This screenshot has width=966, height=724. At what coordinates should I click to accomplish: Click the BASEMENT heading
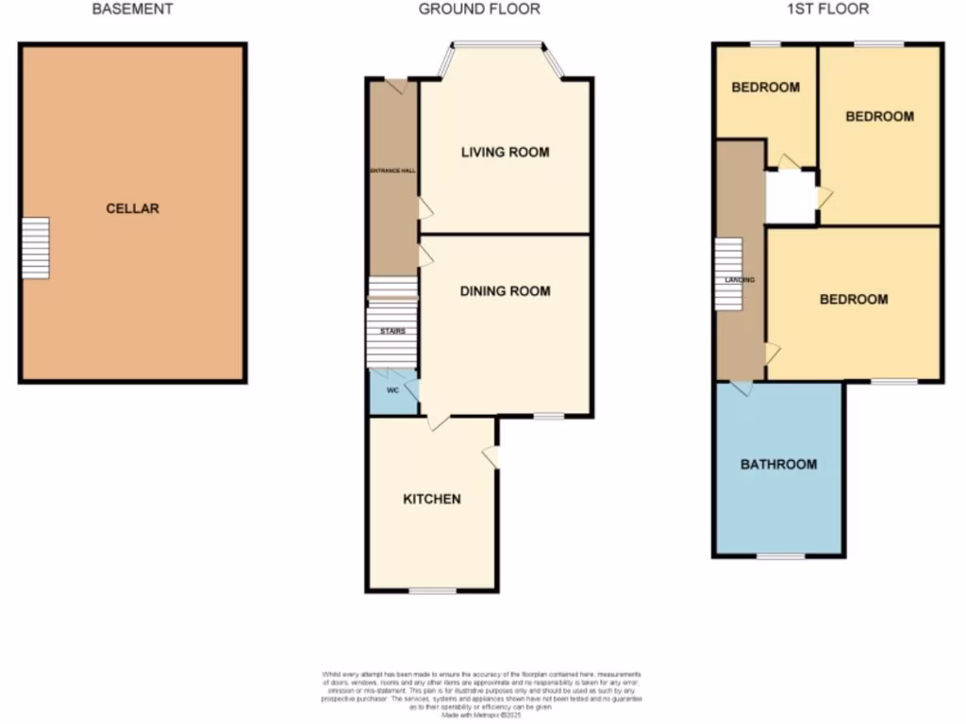click(132, 9)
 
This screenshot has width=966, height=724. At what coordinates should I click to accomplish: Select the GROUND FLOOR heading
click(479, 9)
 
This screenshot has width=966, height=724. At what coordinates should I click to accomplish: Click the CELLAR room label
click(132, 208)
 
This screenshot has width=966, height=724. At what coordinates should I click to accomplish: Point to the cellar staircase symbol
click(35, 248)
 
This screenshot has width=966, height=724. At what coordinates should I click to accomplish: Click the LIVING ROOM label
click(505, 152)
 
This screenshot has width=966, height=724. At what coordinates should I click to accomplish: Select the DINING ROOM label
click(505, 291)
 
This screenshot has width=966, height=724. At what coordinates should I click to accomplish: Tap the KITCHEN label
click(432, 499)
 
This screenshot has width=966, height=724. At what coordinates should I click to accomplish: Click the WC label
click(392, 389)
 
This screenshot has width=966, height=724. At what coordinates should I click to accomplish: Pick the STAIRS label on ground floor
click(392, 331)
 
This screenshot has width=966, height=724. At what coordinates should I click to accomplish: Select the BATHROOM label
click(778, 465)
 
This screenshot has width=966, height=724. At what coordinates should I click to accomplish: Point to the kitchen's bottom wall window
click(432, 591)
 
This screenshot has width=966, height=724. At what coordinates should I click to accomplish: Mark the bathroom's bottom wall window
click(780, 555)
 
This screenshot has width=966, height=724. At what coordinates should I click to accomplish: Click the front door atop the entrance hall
click(396, 86)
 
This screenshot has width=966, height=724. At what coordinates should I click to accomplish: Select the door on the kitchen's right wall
click(491, 457)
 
